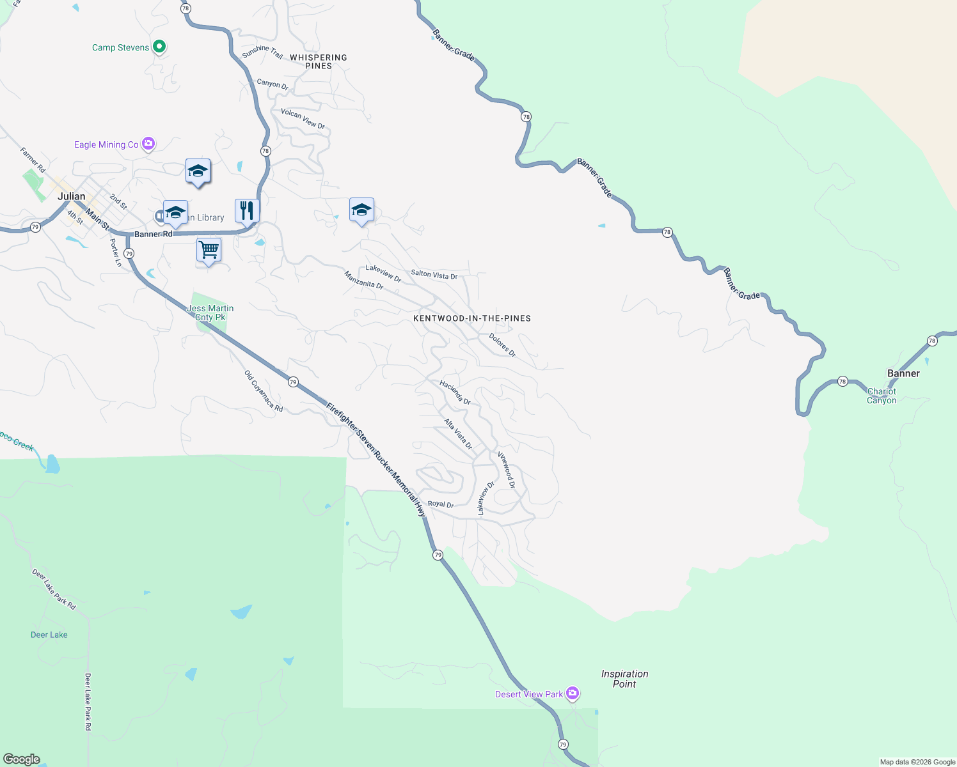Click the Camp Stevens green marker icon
pos(160,47)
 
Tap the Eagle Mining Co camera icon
pos(148,144)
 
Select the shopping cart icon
pos(209,250)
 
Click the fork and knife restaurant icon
pos(247,210)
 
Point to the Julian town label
pos(72,196)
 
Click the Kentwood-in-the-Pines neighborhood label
pos(472,318)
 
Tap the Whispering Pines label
pos(319,61)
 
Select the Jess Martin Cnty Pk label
pos(210,313)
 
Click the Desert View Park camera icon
pos(573,693)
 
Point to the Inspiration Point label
pos(624,679)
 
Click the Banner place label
pos(903,373)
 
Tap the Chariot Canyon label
pos(882,396)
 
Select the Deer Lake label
pos(49,635)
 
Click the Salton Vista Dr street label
pos(434,275)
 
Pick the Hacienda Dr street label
pos(455,392)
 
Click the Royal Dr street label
pos(441,504)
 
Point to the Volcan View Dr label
pos(303,118)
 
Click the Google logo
pos(22,759)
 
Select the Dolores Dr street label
pos(502,345)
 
